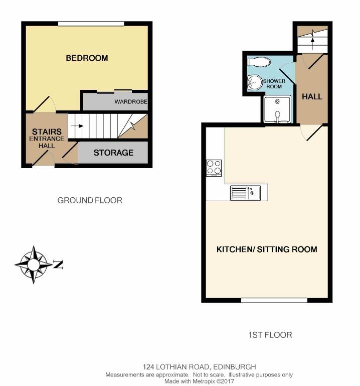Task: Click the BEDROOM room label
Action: [87, 58]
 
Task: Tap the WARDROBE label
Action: [131, 101]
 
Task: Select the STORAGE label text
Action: [113, 153]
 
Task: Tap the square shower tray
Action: [277, 109]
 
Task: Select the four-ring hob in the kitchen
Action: [214, 168]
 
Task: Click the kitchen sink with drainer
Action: [245, 193]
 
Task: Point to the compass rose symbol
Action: [34, 265]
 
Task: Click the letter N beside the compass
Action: [58, 265]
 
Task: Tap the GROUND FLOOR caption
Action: [90, 200]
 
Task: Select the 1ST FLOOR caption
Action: [270, 335]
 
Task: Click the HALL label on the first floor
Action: [312, 96]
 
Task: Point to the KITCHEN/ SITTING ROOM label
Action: [267, 249]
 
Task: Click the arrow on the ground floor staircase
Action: [77, 126]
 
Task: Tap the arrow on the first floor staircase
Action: [312, 43]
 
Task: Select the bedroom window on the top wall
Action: [91, 24]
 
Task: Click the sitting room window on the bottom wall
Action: [274, 300]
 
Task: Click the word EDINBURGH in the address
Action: [235, 367]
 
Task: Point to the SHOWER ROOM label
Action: [274, 84]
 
